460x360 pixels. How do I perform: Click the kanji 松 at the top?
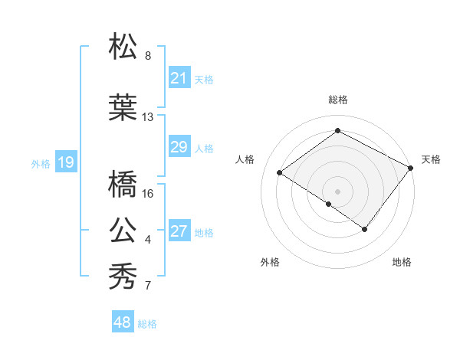(123, 47)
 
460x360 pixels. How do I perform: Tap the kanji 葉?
(123, 107)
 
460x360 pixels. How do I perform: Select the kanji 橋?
(123, 184)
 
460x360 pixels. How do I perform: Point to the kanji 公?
(123, 230)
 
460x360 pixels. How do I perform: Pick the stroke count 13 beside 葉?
(148, 117)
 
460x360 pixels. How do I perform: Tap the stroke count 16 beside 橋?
(148, 193)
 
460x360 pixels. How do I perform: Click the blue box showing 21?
(179, 78)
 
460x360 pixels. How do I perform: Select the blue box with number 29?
(179, 147)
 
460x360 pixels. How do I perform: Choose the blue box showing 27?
(179, 231)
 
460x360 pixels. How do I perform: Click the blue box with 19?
(65, 162)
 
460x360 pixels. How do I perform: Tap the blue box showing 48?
(123, 322)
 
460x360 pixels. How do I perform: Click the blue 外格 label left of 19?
(41, 163)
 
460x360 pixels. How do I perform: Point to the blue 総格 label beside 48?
(147, 324)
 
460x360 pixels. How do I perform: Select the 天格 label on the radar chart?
(431, 159)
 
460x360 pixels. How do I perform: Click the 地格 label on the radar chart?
(402, 263)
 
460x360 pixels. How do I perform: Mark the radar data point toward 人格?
(280, 172)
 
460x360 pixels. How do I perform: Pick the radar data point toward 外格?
(329, 204)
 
